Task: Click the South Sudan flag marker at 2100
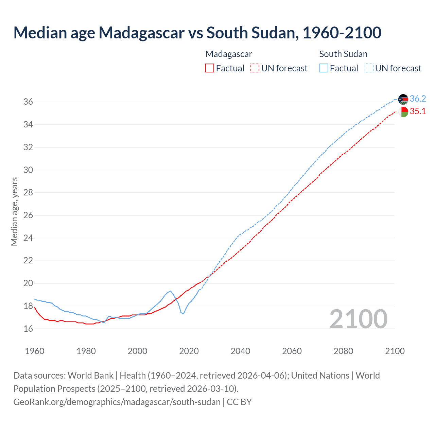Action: point(403,99)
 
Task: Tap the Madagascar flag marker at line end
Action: point(403,112)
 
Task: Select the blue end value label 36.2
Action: point(418,99)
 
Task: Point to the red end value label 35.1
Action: point(418,111)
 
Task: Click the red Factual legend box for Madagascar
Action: point(210,68)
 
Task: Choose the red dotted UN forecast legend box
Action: point(255,68)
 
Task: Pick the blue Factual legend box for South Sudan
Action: point(324,68)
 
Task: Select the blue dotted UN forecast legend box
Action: point(369,68)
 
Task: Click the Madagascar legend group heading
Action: point(229,54)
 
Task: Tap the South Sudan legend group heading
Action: point(343,54)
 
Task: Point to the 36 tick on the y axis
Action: point(28,102)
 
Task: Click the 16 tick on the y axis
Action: point(28,329)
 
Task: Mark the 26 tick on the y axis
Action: point(28,215)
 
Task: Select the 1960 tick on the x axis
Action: point(35,351)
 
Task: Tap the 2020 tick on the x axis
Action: point(189,351)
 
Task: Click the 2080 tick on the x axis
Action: point(343,351)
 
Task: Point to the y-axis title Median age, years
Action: point(14,211)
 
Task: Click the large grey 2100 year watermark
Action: point(359,319)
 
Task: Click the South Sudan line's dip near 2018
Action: point(184,313)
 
